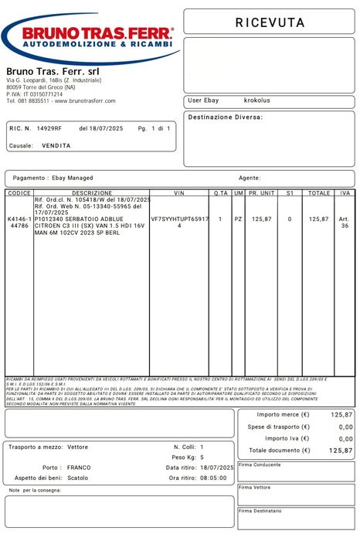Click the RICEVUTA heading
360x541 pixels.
coord(269,23)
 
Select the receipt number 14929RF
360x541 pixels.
coord(49,128)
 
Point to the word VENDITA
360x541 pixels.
coord(56,145)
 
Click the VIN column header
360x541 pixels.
coord(180,192)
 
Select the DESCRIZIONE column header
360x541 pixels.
coord(92,192)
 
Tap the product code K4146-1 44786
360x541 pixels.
coord(20,223)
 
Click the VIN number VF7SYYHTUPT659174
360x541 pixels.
coord(180,223)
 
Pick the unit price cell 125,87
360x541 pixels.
coord(262,219)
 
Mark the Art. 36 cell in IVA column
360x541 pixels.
coord(345,223)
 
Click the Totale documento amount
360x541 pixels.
coord(341,451)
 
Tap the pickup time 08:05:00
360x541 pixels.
coord(213,478)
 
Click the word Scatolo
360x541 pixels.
coord(78,478)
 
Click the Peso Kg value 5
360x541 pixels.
coord(202,458)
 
